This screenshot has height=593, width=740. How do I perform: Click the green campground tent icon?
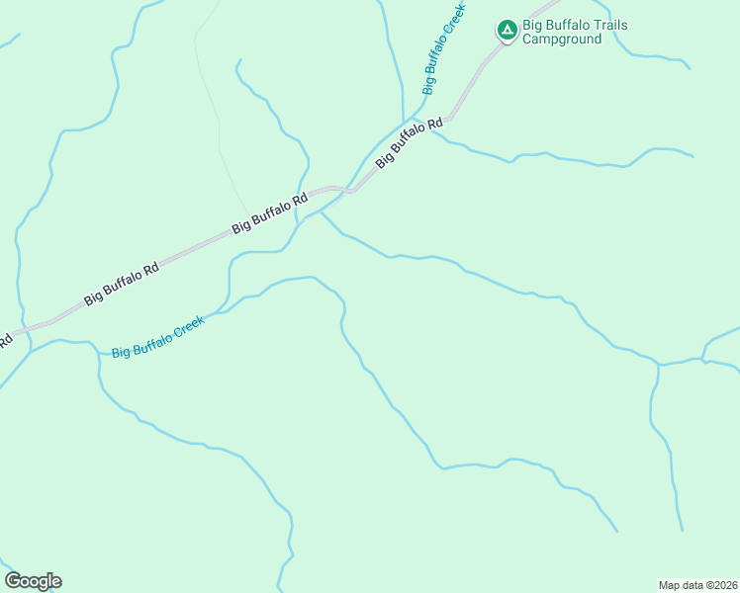507,32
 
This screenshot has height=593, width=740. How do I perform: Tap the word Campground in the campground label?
562,40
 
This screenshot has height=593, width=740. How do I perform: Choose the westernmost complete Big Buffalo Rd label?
122,284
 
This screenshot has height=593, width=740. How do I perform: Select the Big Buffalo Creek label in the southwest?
157,337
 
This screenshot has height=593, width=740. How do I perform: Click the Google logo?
33,581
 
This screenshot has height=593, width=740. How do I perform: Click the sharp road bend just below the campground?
449,119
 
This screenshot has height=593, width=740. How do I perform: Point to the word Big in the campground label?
532,26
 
